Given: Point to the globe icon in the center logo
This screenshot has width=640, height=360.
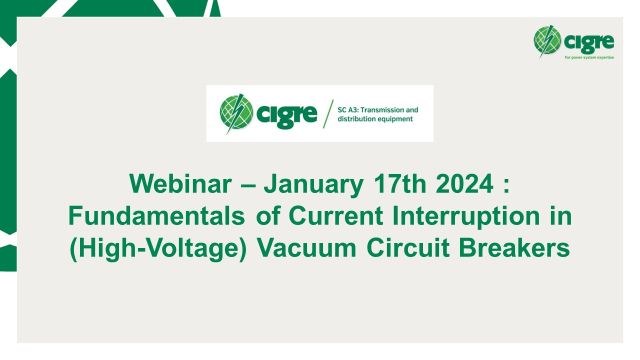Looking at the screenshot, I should pos(236,113).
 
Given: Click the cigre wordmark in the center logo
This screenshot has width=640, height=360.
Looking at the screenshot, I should pos(284,113).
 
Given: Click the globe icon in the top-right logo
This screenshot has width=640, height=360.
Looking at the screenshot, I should pos(546,40).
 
